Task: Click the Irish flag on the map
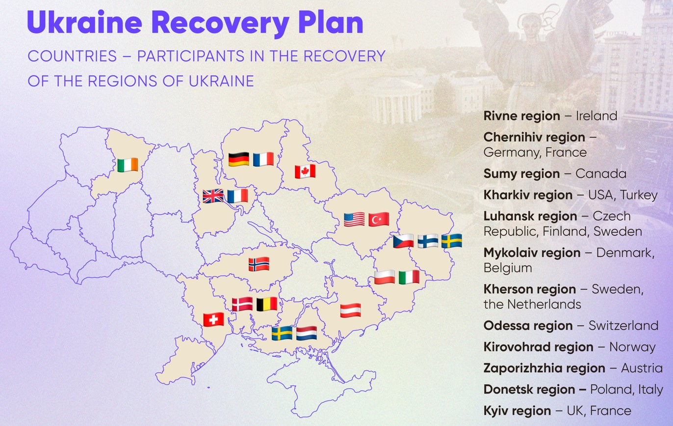(128, 165)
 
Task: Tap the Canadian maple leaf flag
(305, 171)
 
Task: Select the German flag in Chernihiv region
(239, 159)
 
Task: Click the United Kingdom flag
(213, 196)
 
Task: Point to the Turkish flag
(379, 219)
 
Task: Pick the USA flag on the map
(354, 219)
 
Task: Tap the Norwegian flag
(259, 264)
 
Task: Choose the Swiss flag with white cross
(213, 319)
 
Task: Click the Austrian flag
(351, 311)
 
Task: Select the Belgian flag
(267, 304)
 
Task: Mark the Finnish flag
(428, 241)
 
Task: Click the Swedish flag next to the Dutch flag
(282, 333)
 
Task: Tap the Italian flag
(409, 277)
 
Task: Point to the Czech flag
(403, 241)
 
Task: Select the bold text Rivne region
(521, 116)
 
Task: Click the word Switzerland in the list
(623, 325)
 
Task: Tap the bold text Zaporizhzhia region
(544, 368)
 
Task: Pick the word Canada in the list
(601, 173)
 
